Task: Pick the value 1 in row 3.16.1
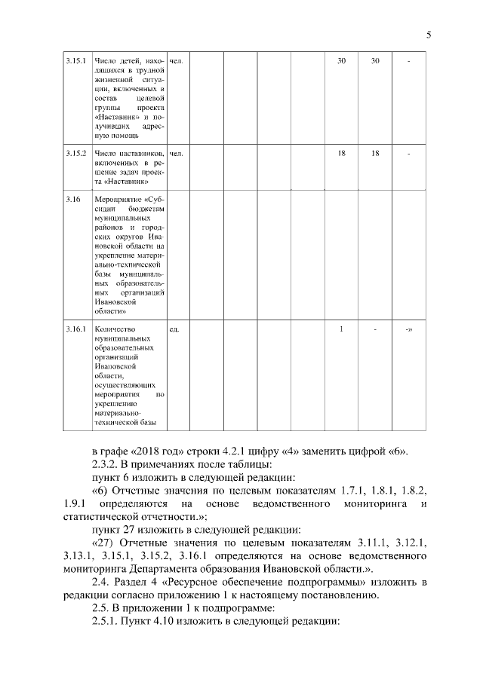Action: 341,329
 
